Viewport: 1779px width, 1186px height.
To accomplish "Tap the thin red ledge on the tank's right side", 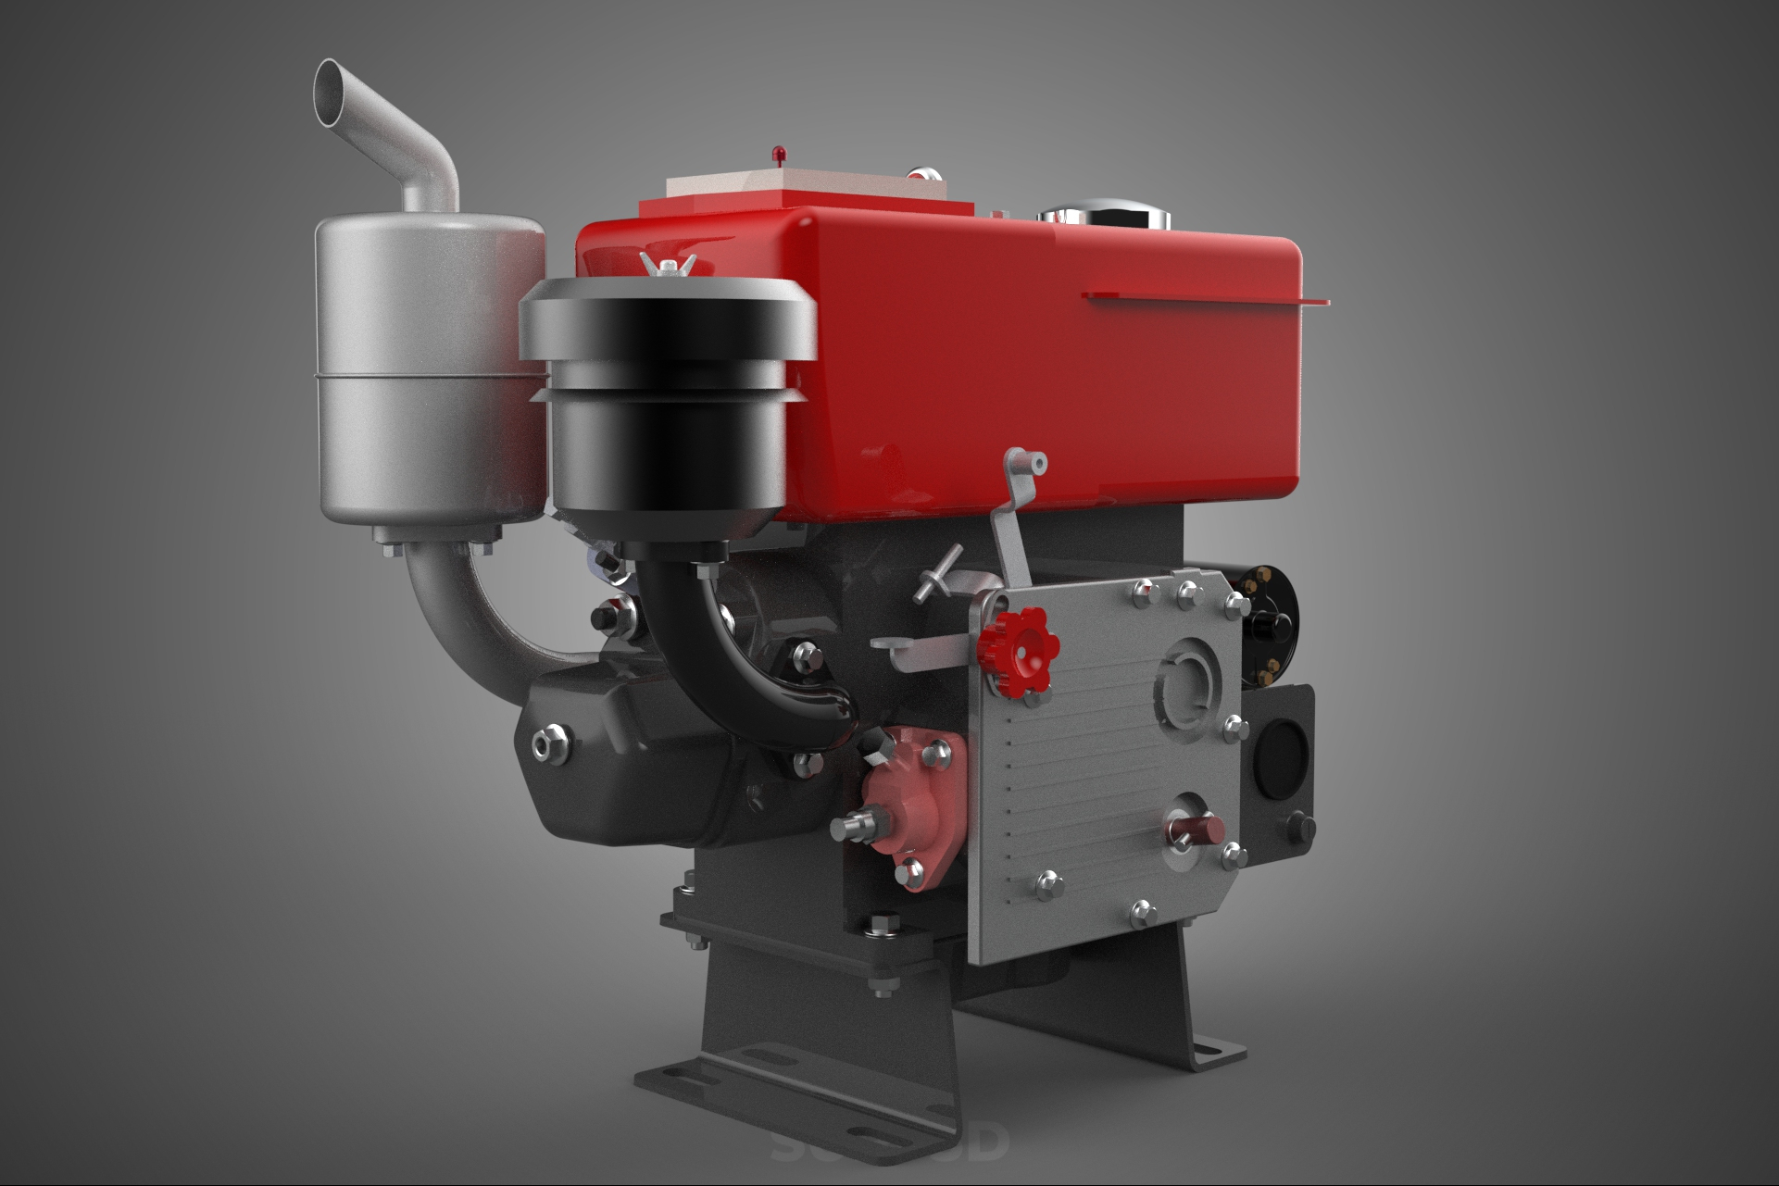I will pyautogui.click(x=1204, y=296).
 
